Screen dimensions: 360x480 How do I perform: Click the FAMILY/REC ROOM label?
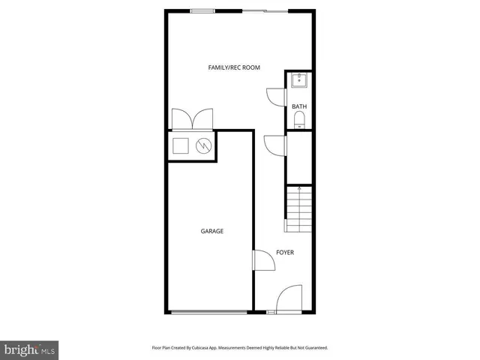[234, 67]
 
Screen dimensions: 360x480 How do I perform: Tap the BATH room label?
[299, 106]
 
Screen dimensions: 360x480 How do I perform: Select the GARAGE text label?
[211, 231]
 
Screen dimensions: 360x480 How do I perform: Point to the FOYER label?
[285, 252]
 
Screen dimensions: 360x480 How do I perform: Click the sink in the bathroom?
[299, 81]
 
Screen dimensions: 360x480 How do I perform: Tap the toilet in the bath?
[299, 120]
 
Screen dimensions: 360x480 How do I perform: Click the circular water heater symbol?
[202, 145]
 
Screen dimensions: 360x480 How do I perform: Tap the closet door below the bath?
[275, 145]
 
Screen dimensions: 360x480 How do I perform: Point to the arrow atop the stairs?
[298, 188]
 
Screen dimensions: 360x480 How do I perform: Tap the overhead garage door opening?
[209, 311]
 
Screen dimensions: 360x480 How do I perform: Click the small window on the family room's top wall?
[199, 10]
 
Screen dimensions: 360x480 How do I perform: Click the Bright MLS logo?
[29, 349]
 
